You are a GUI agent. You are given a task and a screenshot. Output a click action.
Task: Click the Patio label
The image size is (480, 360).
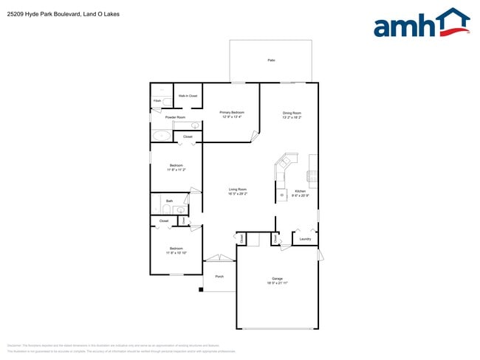tap(271, 60)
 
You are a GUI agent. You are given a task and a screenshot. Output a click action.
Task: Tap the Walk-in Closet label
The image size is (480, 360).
tap(188, 96)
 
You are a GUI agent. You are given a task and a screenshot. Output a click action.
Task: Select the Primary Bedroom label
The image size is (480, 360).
tap(232, 112)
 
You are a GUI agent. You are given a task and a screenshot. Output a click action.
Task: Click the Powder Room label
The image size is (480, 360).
tap(175, 117)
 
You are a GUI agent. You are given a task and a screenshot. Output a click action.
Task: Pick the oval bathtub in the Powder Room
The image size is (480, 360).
tap(160, 136)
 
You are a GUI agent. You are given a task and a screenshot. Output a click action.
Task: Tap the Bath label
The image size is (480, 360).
tap(169, 201)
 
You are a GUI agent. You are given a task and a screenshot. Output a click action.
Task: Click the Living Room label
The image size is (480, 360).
tap(237, 190)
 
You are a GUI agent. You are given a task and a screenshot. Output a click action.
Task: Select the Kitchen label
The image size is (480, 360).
tap(300, 190)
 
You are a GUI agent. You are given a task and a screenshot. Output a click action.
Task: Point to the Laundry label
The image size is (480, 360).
tap(304, 239)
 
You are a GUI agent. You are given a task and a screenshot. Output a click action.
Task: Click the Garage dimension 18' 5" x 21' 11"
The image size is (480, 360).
tap(278, 283)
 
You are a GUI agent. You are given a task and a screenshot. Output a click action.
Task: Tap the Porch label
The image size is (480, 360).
tap(219, 277)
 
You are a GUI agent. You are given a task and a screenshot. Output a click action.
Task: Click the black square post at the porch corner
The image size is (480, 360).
tap(201, 289)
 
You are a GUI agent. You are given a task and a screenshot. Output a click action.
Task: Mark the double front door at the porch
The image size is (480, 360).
tap(219, 257)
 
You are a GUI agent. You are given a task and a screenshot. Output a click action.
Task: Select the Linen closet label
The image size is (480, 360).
tap(183, 220)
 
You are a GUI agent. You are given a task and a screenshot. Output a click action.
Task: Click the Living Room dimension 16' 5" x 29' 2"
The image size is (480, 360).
tap(237, 194)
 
